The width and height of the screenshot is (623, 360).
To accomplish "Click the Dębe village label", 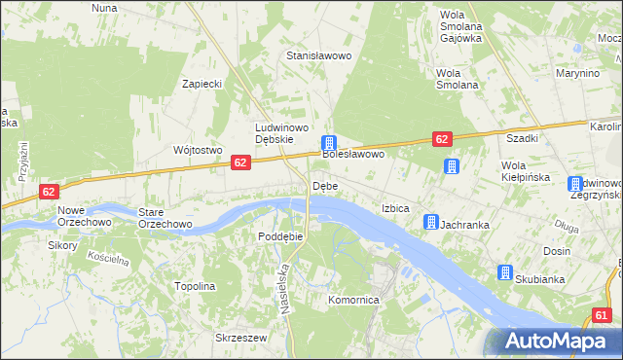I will (x=324, y=186).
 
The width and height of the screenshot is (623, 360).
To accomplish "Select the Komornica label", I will (x=352, y=301).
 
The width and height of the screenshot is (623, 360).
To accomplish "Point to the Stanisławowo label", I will (x=318, y=56).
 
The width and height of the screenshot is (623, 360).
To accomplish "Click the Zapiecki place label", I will (x=202, y=84).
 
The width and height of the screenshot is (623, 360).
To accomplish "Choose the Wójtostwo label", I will (x=198, y=150).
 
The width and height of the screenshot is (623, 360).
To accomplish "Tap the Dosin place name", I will (x=557, y=251).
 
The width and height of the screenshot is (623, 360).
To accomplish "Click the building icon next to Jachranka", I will (x=430, y=224).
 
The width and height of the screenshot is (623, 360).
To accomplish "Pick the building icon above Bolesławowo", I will (x=330, y=143).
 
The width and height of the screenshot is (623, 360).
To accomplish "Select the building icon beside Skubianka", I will (x=505, y=272).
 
